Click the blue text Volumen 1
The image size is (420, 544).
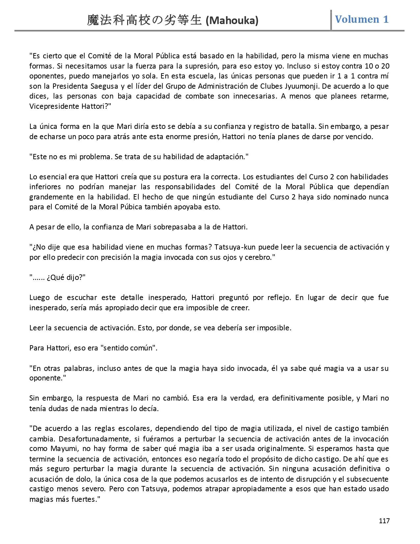[x=362, y=19]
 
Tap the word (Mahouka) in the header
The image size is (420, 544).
[x=232, y=21]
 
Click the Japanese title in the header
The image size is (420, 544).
[x=144, y=21]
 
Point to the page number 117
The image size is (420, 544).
[x=384, y=521]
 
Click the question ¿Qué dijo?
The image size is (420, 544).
[x=65, y=277]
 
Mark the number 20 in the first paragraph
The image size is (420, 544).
[x=385, y=66]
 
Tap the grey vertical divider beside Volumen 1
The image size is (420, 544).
[x=331, y=20]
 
